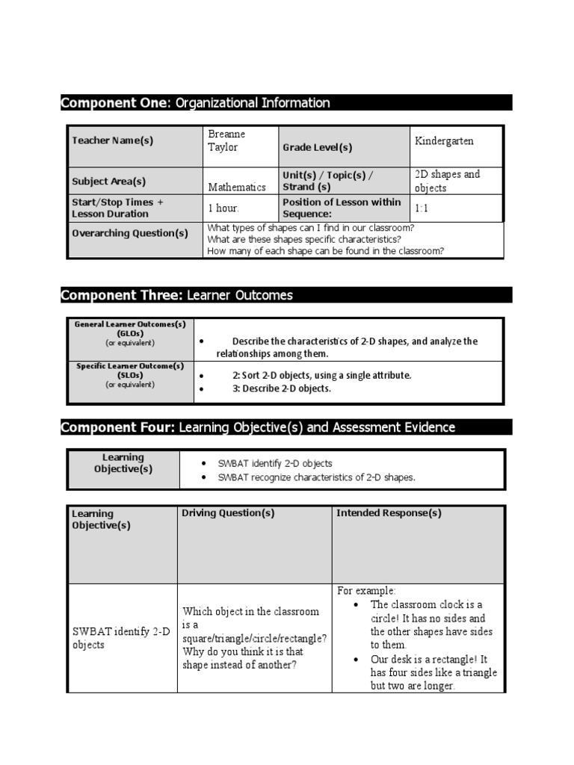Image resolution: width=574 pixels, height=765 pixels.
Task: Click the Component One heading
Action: [x=195, y=103]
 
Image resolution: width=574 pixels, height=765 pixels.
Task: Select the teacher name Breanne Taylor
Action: [x=226, y=140]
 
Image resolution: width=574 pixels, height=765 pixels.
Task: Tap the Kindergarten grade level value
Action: [x=444, y=140]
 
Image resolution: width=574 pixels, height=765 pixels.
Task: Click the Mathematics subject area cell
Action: [x=237, y=188]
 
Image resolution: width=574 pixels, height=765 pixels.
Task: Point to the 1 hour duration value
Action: [x=223, y=208]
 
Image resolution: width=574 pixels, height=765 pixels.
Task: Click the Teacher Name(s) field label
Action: [x=113, y=140]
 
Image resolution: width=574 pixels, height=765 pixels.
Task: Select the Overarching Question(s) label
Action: [x=130, y=233]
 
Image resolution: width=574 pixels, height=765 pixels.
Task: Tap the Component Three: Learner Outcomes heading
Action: [x=177, y=296]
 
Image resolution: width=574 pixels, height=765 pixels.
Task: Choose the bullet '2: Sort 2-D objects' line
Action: [x=321, y=375]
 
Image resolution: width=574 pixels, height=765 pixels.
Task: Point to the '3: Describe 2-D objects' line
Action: [x=281, y=388]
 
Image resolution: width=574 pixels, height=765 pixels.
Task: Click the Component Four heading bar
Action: [x=258, y=427]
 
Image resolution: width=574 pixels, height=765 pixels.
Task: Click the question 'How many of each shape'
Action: [x=325, y=251]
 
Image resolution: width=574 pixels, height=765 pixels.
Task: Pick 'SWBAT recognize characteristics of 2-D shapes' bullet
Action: [x=316, y=477]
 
